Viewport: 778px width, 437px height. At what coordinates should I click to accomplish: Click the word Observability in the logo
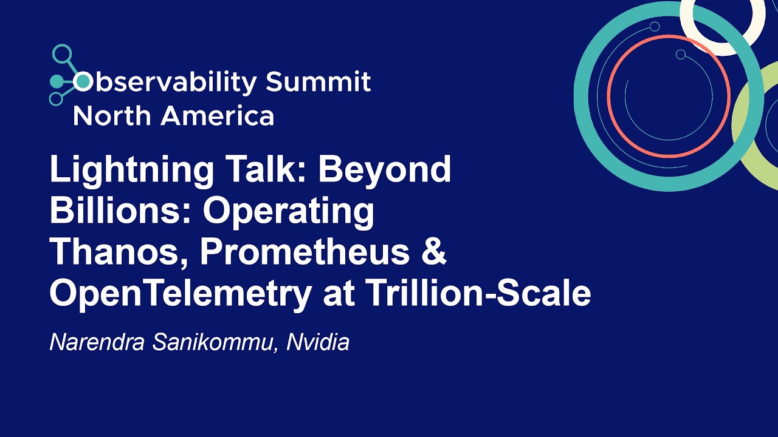[x=164, y=82]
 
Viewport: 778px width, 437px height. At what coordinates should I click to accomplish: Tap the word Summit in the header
[x=318, y=81]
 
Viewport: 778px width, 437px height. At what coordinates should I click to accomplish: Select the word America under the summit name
[x=217, y=115]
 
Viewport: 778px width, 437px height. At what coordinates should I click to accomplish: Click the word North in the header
[x=112, y=115]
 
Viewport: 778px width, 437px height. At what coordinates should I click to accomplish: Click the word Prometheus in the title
[x=305, y=252]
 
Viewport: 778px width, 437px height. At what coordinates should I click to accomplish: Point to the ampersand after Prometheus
[x=433, y=252]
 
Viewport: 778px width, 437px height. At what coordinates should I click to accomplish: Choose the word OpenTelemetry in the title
[x=181, y=293]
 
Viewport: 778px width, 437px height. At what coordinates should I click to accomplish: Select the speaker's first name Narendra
[x=97, y=342]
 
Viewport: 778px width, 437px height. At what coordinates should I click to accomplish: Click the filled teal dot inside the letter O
[x=83, y=81]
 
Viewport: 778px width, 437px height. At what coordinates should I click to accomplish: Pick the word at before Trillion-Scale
[x=339, y=294]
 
